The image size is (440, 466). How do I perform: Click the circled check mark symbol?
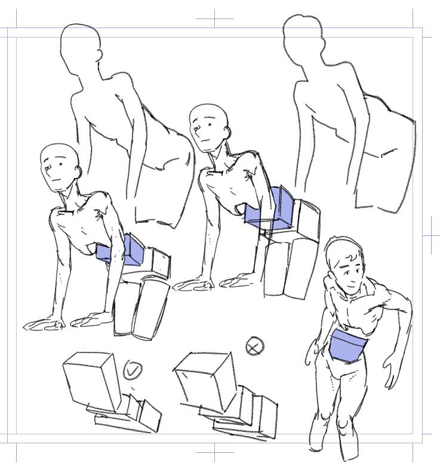coord(132,370)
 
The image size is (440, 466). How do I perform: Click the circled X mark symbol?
coord(255,346)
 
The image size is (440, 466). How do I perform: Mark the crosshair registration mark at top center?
coord(214,19)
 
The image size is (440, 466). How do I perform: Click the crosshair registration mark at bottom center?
coord(214,452)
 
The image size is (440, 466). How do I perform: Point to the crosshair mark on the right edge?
coord(431,235)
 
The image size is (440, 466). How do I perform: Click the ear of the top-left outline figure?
coord(99,55)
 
